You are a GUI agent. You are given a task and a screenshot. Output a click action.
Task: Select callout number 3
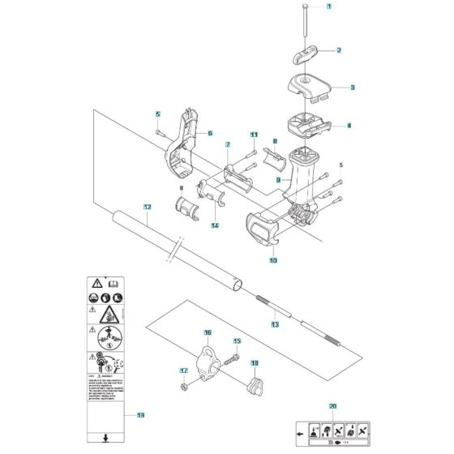[x=352, y=86]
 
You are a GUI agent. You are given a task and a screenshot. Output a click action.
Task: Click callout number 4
[x=349, y=126]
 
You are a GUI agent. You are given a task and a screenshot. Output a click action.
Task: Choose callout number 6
[x=209, y=133]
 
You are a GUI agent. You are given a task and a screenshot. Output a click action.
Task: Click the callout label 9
[x=277, y=179]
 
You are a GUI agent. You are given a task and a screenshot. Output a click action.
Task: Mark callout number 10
[x=272, y=261]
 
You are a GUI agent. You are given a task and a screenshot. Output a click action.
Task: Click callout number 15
[x=238, y=342]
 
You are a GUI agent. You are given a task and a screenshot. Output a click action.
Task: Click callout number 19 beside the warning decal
[x=141, y=416]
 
